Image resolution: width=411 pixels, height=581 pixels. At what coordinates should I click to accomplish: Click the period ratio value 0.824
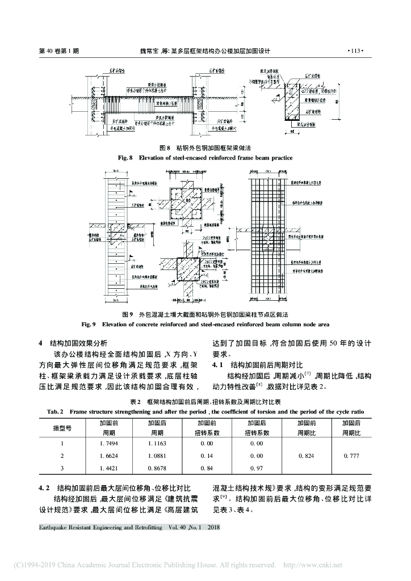(x=306, y=456)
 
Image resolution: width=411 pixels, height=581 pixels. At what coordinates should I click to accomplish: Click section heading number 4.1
(x=218, y=364)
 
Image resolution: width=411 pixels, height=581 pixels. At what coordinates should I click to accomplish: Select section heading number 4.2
(x=44, y=488)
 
